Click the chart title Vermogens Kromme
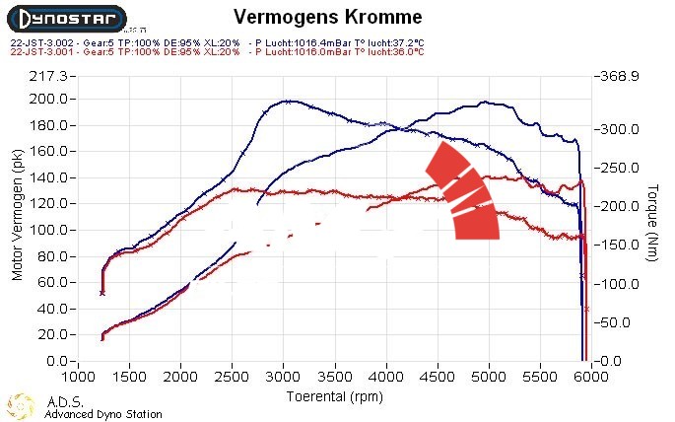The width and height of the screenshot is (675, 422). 329,17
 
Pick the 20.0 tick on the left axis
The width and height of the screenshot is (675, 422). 48,334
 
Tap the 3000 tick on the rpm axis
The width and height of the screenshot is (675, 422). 284,377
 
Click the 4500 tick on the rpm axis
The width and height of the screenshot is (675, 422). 438,377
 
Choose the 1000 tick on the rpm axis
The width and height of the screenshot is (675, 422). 78,377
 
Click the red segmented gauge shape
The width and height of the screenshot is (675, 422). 463,192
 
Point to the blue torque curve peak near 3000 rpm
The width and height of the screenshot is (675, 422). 286,101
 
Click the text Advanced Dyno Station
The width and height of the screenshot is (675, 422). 102,414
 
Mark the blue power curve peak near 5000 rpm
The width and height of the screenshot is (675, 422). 485,102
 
